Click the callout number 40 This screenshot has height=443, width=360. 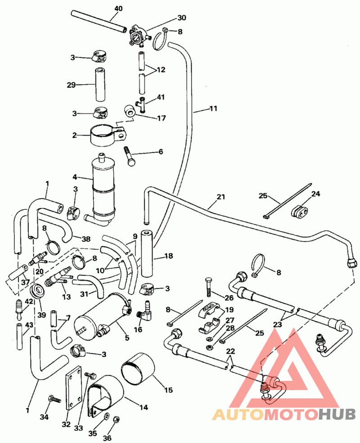coord(118,9)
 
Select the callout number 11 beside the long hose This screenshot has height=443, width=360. coord(213,108)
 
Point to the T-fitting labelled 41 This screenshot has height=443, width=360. coord(143,104)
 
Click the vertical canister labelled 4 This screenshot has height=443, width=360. coord(103,189)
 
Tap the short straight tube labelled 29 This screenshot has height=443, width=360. coord(100,84)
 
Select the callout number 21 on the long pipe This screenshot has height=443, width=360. coord(221,197)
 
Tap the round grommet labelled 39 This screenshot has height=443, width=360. coord(36,291)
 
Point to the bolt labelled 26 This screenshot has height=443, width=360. coord(208,287)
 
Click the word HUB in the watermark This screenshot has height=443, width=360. coord(337,415)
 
